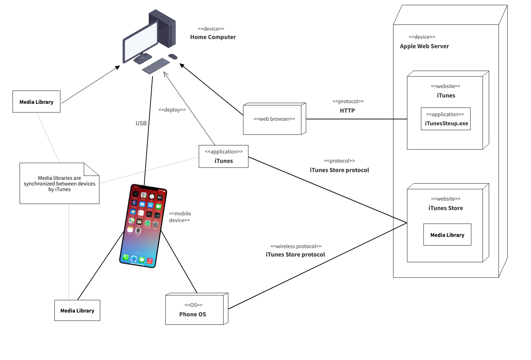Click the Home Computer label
(x=213, y=37)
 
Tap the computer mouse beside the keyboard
(x=173, y=57)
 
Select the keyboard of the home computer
(x=156, y=66)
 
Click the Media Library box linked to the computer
(x=36, y=102)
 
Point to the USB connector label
(x=141, y=123)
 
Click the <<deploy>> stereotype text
(x=172, y=110)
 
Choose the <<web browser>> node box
(x=274, y=119)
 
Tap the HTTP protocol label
(x=347, y=110)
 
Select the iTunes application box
(x=224, y=157)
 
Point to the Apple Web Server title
(x=424, y=46)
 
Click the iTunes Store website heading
(x=445, y=208)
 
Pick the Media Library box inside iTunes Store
(x=447, y=235)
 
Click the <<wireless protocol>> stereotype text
(x=296, y=246)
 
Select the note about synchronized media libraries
(x=60, y=184)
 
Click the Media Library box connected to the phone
(x=77, y=310)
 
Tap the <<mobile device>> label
(x=180, y=217)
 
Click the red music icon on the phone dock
(x=150, y=261)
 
